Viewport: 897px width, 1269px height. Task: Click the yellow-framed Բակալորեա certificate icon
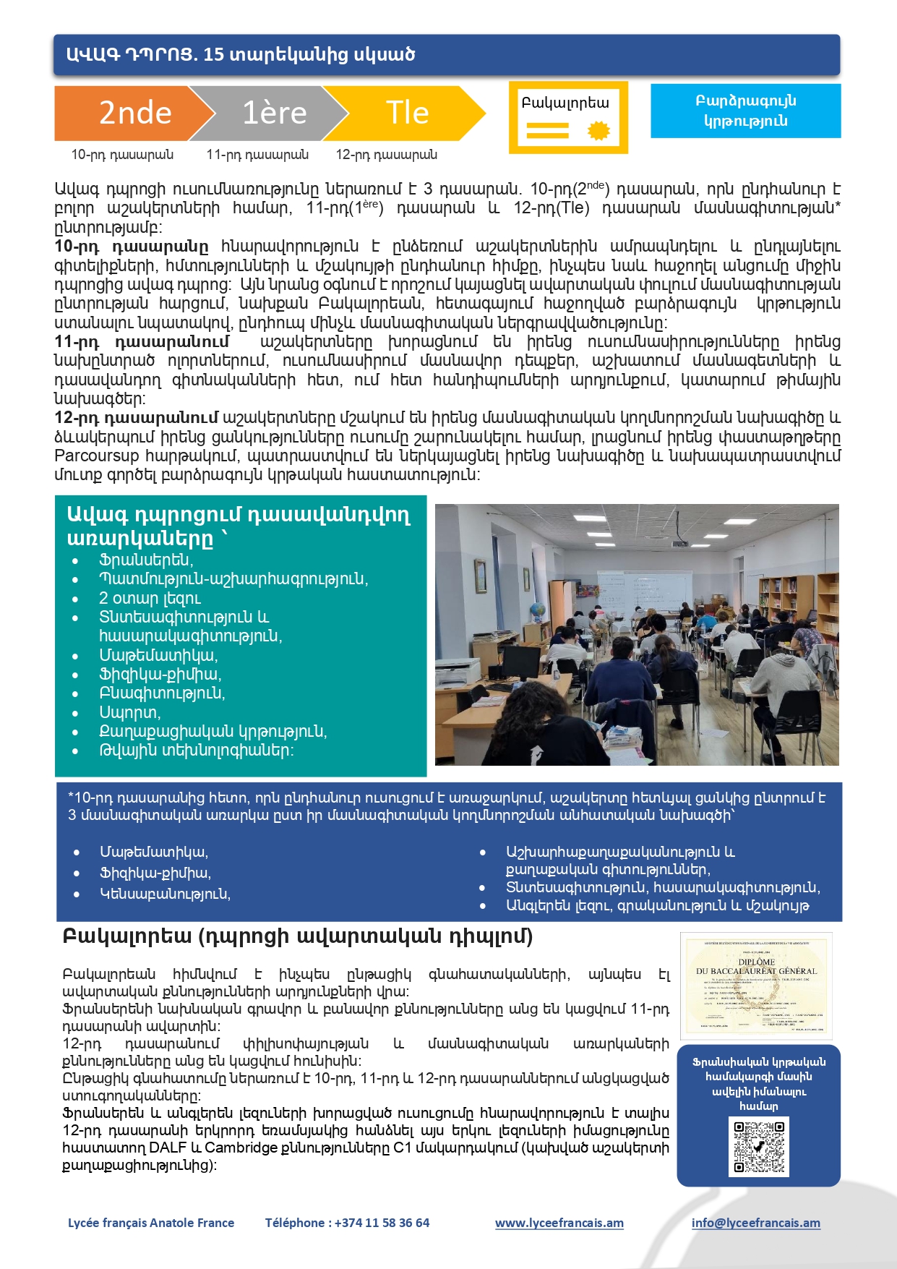568,117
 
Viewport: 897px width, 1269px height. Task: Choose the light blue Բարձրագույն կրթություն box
745,111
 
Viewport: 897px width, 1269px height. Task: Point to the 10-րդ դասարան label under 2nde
122,155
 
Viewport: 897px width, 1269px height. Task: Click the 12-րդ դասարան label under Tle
386,155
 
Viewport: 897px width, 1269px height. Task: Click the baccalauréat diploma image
756,985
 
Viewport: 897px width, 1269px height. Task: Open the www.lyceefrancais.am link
559,1223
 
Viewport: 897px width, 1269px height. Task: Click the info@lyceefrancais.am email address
755,1223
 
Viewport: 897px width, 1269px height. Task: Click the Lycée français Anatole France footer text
151,1223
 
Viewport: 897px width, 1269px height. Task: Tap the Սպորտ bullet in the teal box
129,712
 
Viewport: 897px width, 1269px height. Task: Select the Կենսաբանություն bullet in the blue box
165,894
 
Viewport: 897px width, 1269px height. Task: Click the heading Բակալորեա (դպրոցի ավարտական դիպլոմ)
298,936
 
